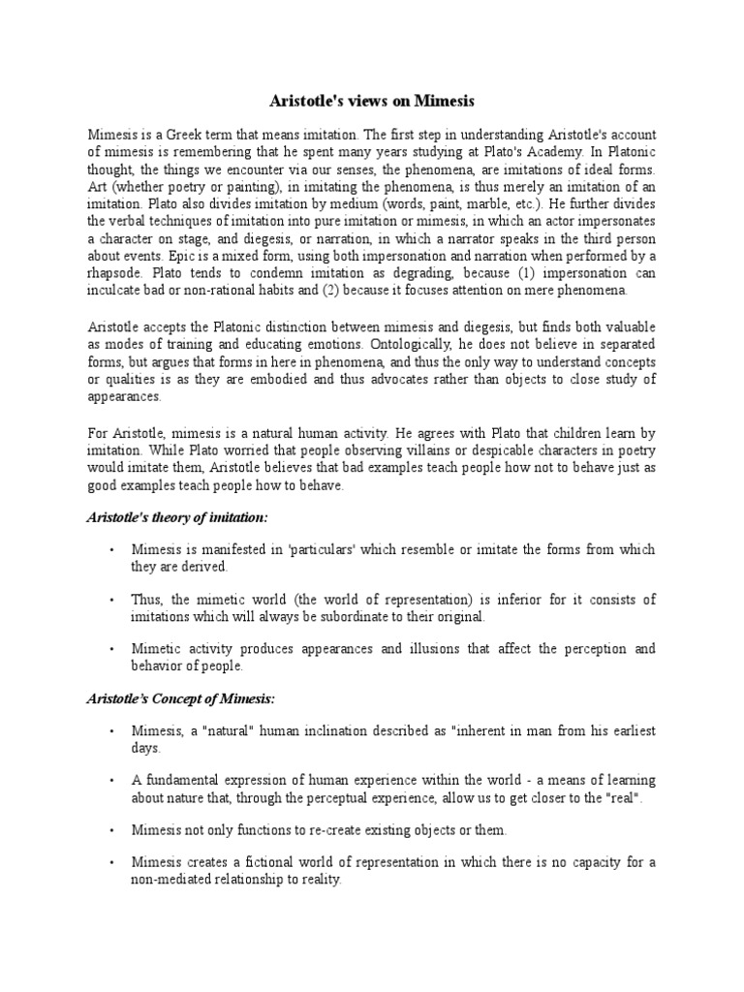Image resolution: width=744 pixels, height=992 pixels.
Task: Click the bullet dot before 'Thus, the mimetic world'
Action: [x=112, y=601]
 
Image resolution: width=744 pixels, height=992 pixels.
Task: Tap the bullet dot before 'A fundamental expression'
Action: [x=112, y=779]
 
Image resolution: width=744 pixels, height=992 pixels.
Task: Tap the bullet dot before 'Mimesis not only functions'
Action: [x=112, y=830]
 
